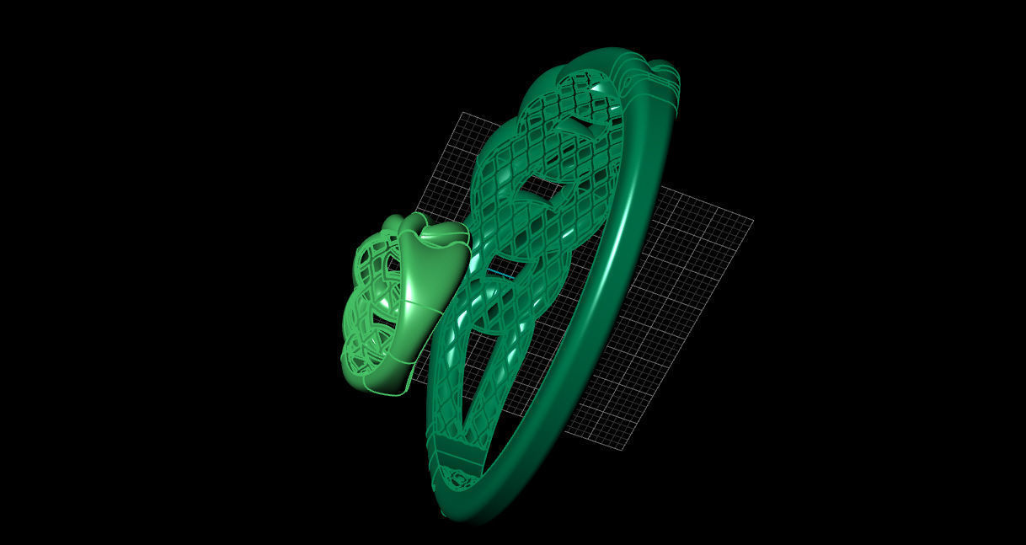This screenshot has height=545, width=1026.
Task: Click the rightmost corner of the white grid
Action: pyautogui.click(x=752, y=222)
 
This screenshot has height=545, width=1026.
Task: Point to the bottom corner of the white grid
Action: pyautogui.click(x=624, y=449)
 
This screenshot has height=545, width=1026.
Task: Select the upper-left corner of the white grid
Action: pyautogui.click(x=459, y=114)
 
